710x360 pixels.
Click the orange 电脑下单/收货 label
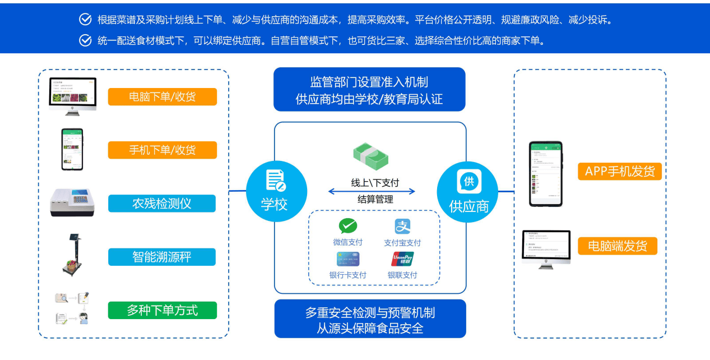[x=162, y=97]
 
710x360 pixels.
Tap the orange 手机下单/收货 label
[x=162, y=150]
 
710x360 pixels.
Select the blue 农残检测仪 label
[x=162, y=204]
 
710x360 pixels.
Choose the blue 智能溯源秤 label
[x=162, y=257]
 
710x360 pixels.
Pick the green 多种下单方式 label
[x=162, y=310]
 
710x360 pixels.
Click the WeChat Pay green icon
[x=347, y=226]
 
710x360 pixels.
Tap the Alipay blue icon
[x=402, y=227]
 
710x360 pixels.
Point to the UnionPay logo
[x=402, y=259]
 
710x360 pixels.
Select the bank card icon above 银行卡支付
[x=347, y=259]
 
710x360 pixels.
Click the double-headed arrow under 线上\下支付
[x=372, y=191]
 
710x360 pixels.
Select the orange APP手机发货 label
[x=620, y=172]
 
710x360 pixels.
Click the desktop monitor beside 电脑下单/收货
[x=73, y=96]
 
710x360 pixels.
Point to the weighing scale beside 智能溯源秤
[x=73, y=255]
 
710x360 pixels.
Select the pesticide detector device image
[x=73, y=202]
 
